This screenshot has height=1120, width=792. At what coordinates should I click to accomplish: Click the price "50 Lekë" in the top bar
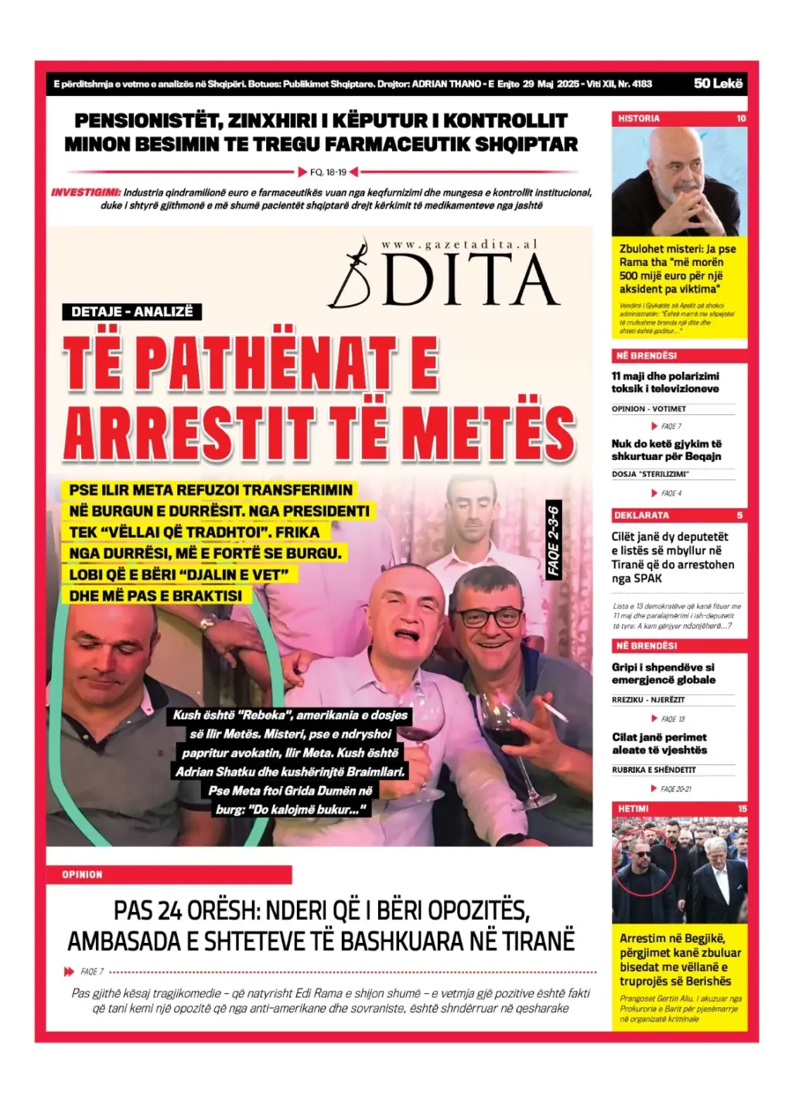coord(718,83)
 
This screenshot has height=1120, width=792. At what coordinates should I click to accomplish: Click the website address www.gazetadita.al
coord(459,244)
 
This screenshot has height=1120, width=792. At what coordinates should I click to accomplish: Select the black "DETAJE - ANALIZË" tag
coord(131,311)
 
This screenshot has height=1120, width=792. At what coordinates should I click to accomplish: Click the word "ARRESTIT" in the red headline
coord(189,434)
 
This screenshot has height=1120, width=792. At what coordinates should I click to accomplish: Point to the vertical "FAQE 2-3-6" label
coord(553,540)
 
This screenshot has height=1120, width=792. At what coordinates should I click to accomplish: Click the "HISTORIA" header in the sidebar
coord(639,118)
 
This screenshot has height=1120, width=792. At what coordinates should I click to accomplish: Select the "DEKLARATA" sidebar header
coord(641,515)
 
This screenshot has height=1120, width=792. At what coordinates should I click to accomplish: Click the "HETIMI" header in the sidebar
coord(633,809)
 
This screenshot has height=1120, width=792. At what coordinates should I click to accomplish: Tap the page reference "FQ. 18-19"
coord(329,172)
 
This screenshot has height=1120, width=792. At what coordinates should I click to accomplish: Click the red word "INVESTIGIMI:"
coord(86,192)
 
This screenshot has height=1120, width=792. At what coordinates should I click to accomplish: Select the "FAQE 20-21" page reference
coord(675,789)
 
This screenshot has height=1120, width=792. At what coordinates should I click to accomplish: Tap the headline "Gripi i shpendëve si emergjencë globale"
coord(663,673)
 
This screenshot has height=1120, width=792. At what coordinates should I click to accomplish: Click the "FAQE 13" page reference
coord(672,719)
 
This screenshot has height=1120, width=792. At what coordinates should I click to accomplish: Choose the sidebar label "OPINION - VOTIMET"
coord(648,409)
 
